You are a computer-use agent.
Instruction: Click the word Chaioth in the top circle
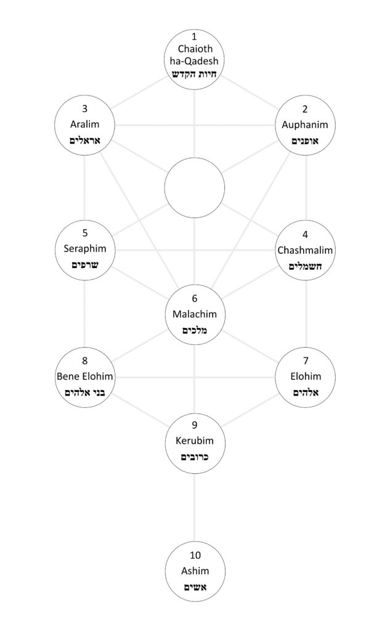coord(195,49)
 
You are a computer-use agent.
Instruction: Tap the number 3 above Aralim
coord(84,109)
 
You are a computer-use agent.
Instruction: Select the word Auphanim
coord(306,124)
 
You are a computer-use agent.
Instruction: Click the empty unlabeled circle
coord(195,187)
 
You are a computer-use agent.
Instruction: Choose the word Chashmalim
coord(306,250)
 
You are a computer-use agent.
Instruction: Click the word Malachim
coord(195,314)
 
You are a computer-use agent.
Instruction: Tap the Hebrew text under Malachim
coord(195,330)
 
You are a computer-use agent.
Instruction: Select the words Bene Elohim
coord(84,376)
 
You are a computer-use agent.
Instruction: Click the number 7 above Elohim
coord(306,360)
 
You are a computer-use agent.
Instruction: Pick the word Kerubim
coord(195,441)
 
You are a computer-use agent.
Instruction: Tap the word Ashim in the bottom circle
coord(195,571)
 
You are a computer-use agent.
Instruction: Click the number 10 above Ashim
coord(195,555)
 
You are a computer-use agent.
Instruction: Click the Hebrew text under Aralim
coord(84,140)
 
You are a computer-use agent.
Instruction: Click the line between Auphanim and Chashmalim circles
coord(306,187)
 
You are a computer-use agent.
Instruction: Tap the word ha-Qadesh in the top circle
coord(195,60)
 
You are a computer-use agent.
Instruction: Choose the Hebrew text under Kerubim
coord(195,457)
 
